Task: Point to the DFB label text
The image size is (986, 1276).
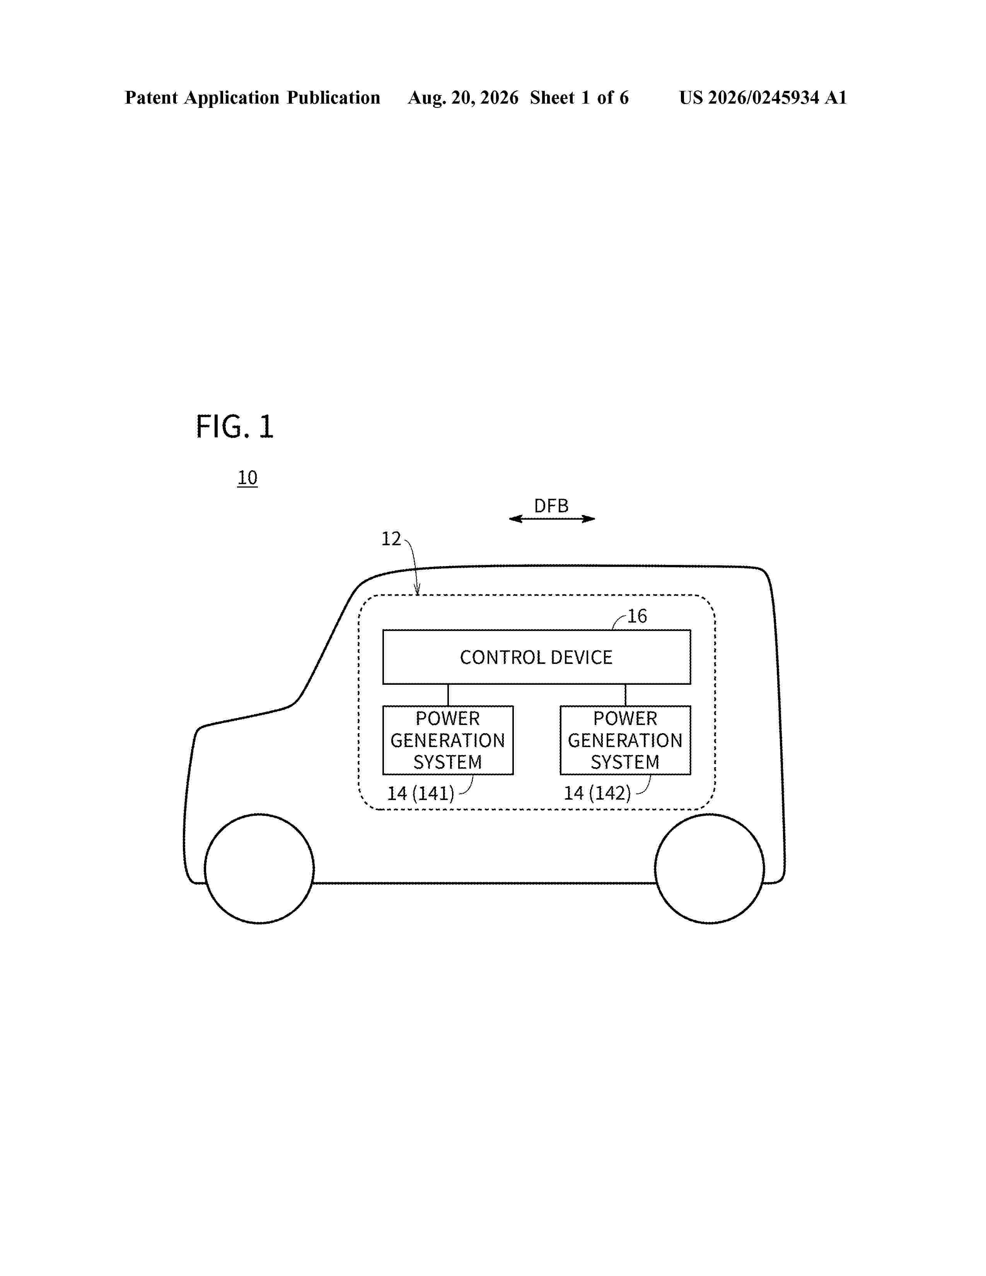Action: point(551,505)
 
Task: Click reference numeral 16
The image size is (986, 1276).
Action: point(637,616)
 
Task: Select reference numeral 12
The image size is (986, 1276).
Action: point(391,539)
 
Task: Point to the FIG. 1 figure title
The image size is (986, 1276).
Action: point(235,426)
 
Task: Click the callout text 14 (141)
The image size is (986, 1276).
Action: point(421,793)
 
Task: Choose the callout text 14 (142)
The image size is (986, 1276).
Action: point(597,793)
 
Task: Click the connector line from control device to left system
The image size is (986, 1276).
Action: point(448,695)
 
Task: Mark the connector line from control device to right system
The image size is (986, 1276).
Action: point(626,695)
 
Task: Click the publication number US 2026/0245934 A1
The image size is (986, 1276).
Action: point(763,97)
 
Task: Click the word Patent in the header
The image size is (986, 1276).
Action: point(151,97)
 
